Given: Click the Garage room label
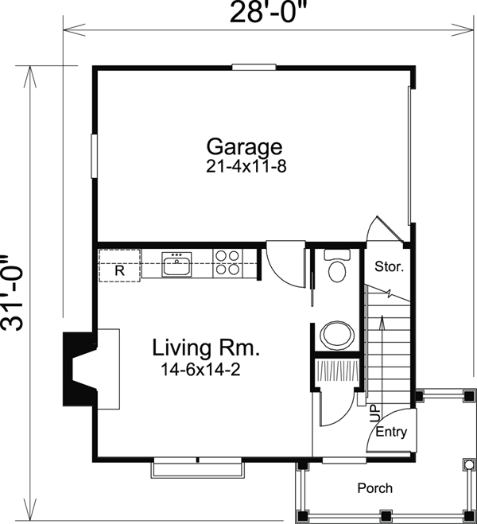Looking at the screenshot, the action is point(245,147).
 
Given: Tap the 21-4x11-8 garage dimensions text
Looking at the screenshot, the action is point(246,166).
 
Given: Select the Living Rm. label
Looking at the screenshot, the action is point(206,347).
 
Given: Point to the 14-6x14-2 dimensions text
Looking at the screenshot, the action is point(201,370).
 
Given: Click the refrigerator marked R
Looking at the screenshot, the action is point(119,266).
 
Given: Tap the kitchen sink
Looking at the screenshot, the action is point(176,264).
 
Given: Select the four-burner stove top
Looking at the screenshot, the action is point(227,262).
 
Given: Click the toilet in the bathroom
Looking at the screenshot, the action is point(337,266).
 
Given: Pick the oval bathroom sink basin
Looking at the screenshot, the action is point(337,336).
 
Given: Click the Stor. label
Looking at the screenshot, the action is point(389,266).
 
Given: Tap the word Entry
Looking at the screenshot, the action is point(391,432).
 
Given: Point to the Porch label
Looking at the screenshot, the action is point(374,488).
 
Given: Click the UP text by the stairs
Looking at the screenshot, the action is point(374,413).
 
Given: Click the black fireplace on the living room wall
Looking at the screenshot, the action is point(80,369).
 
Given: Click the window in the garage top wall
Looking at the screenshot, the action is point(254,67).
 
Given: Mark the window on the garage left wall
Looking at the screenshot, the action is point(94,156).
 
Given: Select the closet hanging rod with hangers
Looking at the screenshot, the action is point(337,371).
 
